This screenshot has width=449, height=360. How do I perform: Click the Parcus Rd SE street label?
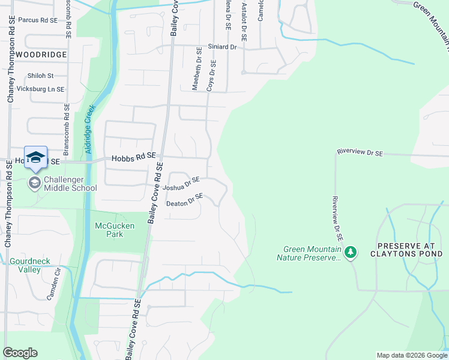click(x=38, y=20)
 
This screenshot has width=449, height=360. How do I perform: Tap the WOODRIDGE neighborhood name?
click(x=41, y=55)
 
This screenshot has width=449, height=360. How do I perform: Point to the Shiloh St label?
click(x=41, y=76)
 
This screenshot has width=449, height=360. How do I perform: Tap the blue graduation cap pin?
click(x=36, y=157)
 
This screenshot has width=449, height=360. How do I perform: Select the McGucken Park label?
click(x=115, y=230)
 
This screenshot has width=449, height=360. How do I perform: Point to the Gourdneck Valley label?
click(x=30, y=265)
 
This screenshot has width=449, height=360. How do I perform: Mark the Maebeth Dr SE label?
click(x=196, y=70)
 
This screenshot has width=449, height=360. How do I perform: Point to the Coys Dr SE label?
click(x=211, y=75)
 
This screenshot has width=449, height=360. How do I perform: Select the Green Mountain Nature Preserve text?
click(x=310, y=253)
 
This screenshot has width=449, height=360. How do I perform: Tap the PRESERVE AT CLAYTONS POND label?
click(x=410, y=250)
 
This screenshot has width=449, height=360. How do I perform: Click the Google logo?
click(x=21, y=353)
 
